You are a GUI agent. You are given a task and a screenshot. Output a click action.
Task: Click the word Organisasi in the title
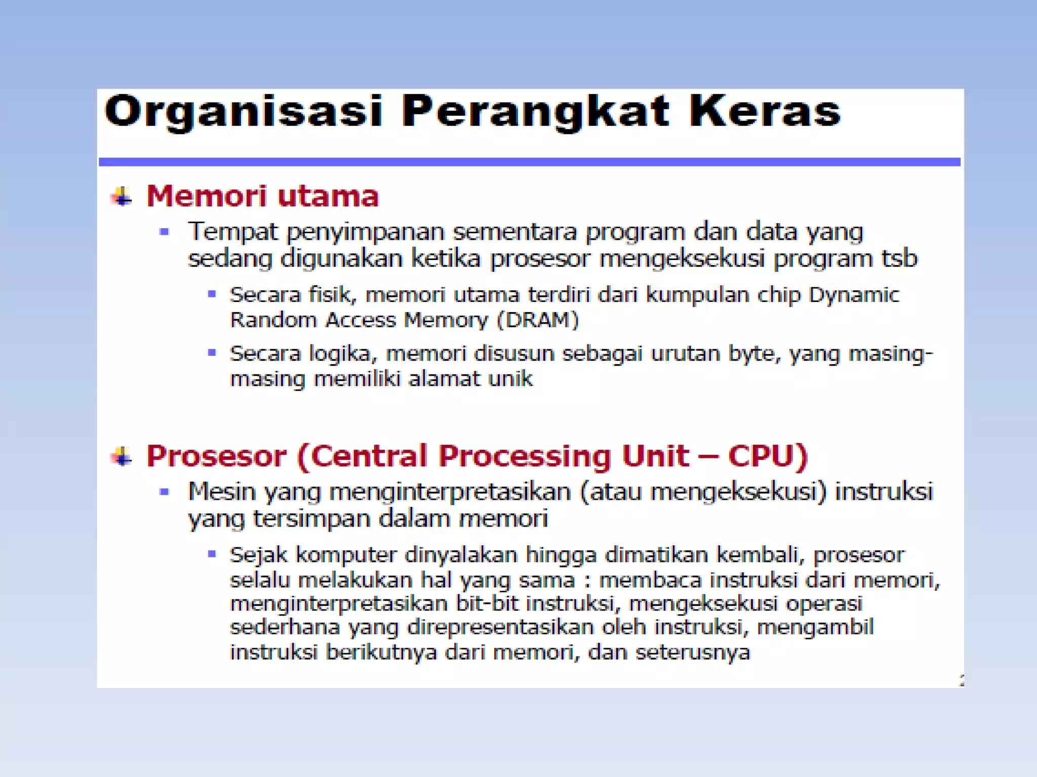coord(243,112)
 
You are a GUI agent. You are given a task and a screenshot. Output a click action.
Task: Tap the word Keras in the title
coord(765,112)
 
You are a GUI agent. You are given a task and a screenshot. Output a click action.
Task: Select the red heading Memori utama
coord(262,196)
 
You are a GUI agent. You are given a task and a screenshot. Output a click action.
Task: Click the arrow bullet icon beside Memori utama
coord(122,196)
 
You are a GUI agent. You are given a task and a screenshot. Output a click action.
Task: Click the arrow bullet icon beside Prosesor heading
coord(122,456)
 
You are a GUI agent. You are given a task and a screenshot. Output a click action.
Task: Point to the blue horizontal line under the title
coord(529,162)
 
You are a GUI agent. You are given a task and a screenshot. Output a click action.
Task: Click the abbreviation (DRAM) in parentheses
coord(538,320)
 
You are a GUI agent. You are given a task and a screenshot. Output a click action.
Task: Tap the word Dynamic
coord(854,295)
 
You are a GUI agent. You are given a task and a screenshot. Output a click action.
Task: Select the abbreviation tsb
coord(899,258)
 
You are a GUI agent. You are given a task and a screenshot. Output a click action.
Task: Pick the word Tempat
coord(232,232)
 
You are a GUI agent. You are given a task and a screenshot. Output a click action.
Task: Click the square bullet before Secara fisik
coord(212,294)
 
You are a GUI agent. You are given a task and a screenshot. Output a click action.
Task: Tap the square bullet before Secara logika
coord(212,353)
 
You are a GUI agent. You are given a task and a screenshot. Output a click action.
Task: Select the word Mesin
coord(221,492)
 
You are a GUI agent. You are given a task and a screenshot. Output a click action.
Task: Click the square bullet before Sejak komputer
coord(212,554)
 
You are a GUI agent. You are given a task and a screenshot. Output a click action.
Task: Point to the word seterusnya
coord(693,652)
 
